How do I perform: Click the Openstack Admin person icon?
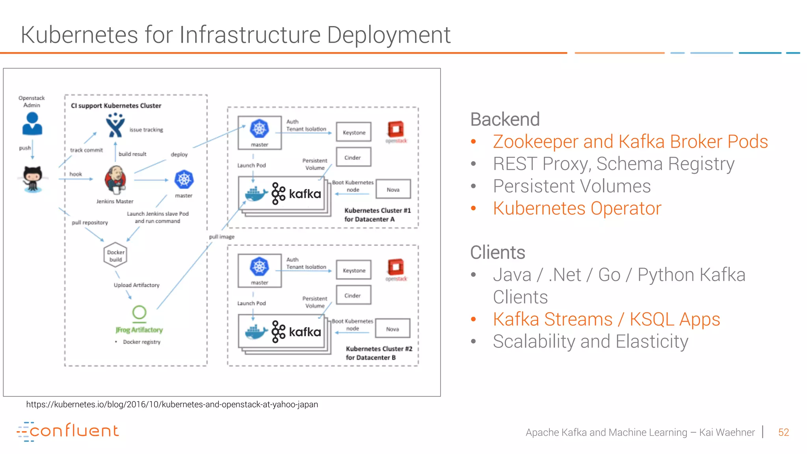[32, 124]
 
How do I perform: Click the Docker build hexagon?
[115, 255]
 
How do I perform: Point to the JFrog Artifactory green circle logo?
[139, 313]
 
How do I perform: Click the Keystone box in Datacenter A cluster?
[354, 132]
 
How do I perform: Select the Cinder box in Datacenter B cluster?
[353, 295]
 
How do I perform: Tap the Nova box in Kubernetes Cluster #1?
[393, 190]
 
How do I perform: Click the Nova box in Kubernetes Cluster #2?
[392, 329]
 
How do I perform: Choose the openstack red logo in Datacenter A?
[396, 130]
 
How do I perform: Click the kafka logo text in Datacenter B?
[305, 332]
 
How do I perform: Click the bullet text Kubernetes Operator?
[577, 208]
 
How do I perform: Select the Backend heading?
[505, 119]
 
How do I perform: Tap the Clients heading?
[498, 253]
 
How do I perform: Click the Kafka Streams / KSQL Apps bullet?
[606, 319]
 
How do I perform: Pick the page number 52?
[783, 432]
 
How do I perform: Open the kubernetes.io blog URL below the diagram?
[172, 404]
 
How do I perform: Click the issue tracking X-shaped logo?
[115, 125]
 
